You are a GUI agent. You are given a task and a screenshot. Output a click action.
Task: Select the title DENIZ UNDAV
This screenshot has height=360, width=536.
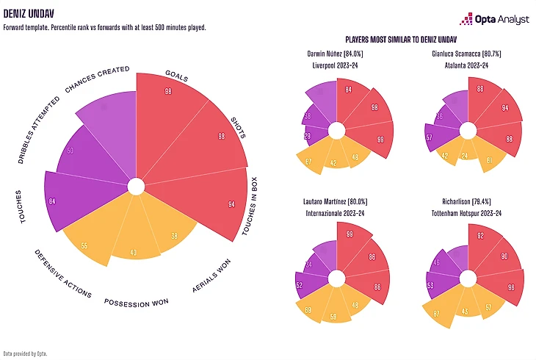coord(27,12)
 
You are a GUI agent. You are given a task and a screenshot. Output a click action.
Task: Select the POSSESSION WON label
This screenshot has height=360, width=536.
coord(136,302)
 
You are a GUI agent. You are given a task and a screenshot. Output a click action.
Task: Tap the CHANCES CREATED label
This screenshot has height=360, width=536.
coord(98,79)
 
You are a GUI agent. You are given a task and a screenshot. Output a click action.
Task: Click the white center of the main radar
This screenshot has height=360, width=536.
coord(136,187)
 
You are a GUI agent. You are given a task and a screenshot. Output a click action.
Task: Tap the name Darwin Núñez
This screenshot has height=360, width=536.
coord(327,54)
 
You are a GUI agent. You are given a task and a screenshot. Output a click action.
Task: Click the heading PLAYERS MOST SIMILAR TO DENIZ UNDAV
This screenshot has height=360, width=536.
coord(401,39)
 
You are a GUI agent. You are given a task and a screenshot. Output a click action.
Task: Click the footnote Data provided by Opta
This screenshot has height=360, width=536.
coord(25,353)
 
